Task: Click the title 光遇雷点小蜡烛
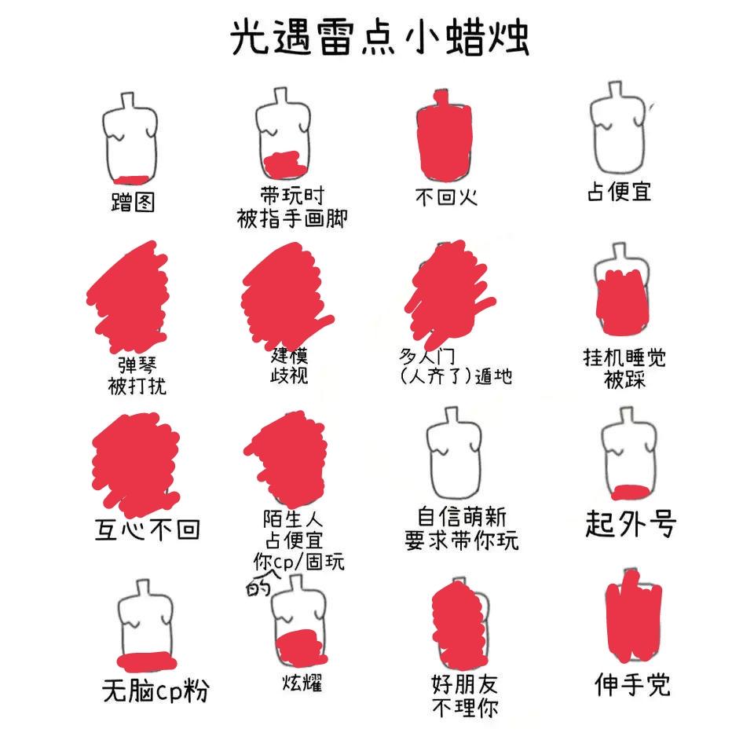pos(379,38)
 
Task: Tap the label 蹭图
pos(134,202)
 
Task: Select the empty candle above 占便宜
pos(617,128)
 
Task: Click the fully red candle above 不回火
pos(444,136)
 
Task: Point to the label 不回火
pos(446,197)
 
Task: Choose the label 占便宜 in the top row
pos(620,192)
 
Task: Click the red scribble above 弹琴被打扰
pos(129,297)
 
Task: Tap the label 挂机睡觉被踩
pos(624,368)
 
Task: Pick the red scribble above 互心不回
pos(136,463)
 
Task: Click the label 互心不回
pos(147,529)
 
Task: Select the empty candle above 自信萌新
pos(454,453)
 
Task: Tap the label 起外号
pos(631,523)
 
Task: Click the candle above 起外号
pos(629,454)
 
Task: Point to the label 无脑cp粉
pos(156,691)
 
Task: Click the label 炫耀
pos(302,682)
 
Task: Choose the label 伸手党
pos(633,684)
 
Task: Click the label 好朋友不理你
pos(465,696)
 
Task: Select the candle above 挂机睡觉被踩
pos(622,289)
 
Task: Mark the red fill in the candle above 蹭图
pos(132,180)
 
